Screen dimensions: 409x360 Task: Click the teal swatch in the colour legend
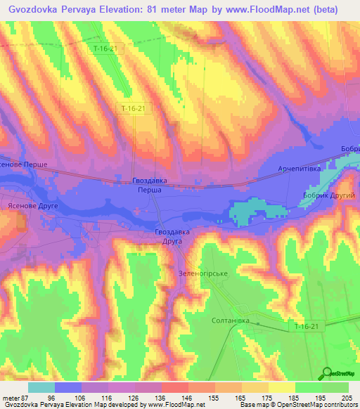tap(41, 387)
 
